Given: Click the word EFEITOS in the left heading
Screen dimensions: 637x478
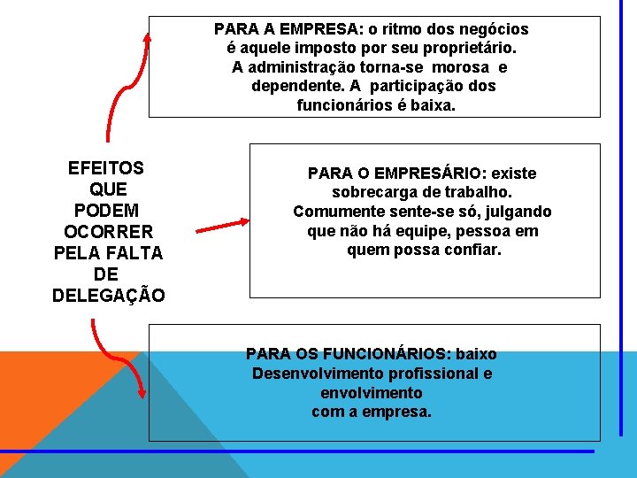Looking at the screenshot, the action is pyautogui.click(x=106, y=168).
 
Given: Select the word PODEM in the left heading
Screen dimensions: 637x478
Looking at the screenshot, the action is pyautogui.click(x=107, y=211).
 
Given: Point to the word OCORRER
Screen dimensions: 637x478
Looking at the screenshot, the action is pyautogui.click(x=109, y=232).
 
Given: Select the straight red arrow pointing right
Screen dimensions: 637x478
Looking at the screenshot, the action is pyautogui.click(x=222, y=226).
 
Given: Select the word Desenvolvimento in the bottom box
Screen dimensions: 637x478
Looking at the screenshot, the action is pyautogui.click(x=310, y=374).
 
